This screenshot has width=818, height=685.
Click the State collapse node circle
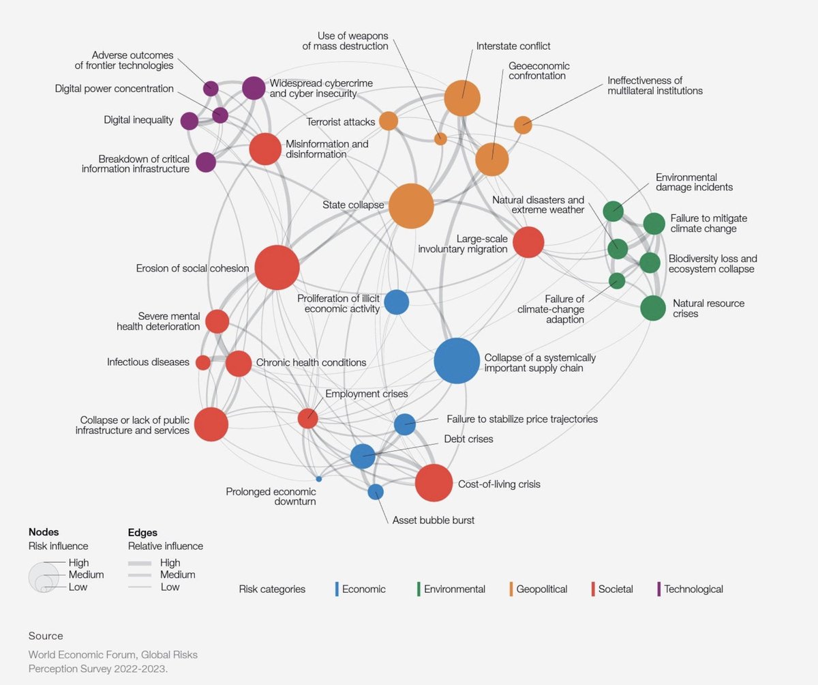click(411, 206)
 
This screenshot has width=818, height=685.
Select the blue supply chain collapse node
click(457, 361)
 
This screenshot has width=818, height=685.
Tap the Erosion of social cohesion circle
click(277, 268)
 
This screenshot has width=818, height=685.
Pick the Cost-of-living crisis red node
click(434, 482)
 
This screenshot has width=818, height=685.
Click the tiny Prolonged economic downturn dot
click(318, 479)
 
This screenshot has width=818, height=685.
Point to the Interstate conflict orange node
click(462, 98)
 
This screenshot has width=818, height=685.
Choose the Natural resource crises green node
click(652, 308)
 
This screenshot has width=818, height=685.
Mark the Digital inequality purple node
click(190, 121)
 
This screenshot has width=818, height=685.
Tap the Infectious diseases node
click(202, 362)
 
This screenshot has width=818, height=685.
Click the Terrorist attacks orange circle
click(389, 121)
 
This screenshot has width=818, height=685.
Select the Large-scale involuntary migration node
click(528, 242)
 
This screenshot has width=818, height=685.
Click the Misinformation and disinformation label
click(327, 149)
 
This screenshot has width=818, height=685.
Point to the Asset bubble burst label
click(433, 520)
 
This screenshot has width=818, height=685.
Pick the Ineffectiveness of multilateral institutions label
click(654, 85)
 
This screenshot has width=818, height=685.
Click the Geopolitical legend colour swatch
click(511, 589)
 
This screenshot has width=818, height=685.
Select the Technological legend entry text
click(693, 589)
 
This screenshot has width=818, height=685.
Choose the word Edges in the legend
click(142, 532)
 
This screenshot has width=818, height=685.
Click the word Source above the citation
click(45, 636)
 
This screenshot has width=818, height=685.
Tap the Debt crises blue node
click(363, 455)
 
